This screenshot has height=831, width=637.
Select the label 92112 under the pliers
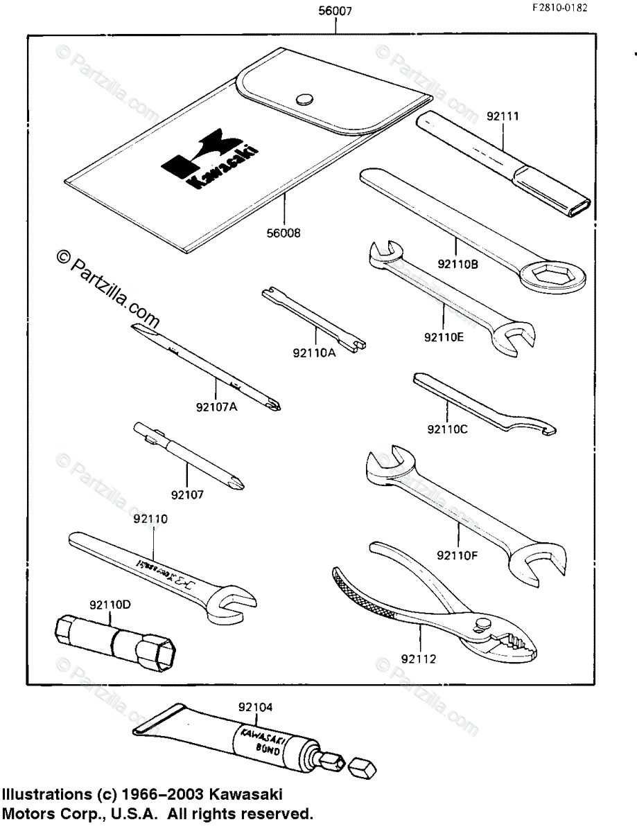click(419, 659)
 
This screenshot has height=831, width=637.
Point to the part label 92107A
click(216, 407)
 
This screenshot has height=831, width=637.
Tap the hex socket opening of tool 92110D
click(164, 653)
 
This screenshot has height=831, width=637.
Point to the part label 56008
click(283, 233)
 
